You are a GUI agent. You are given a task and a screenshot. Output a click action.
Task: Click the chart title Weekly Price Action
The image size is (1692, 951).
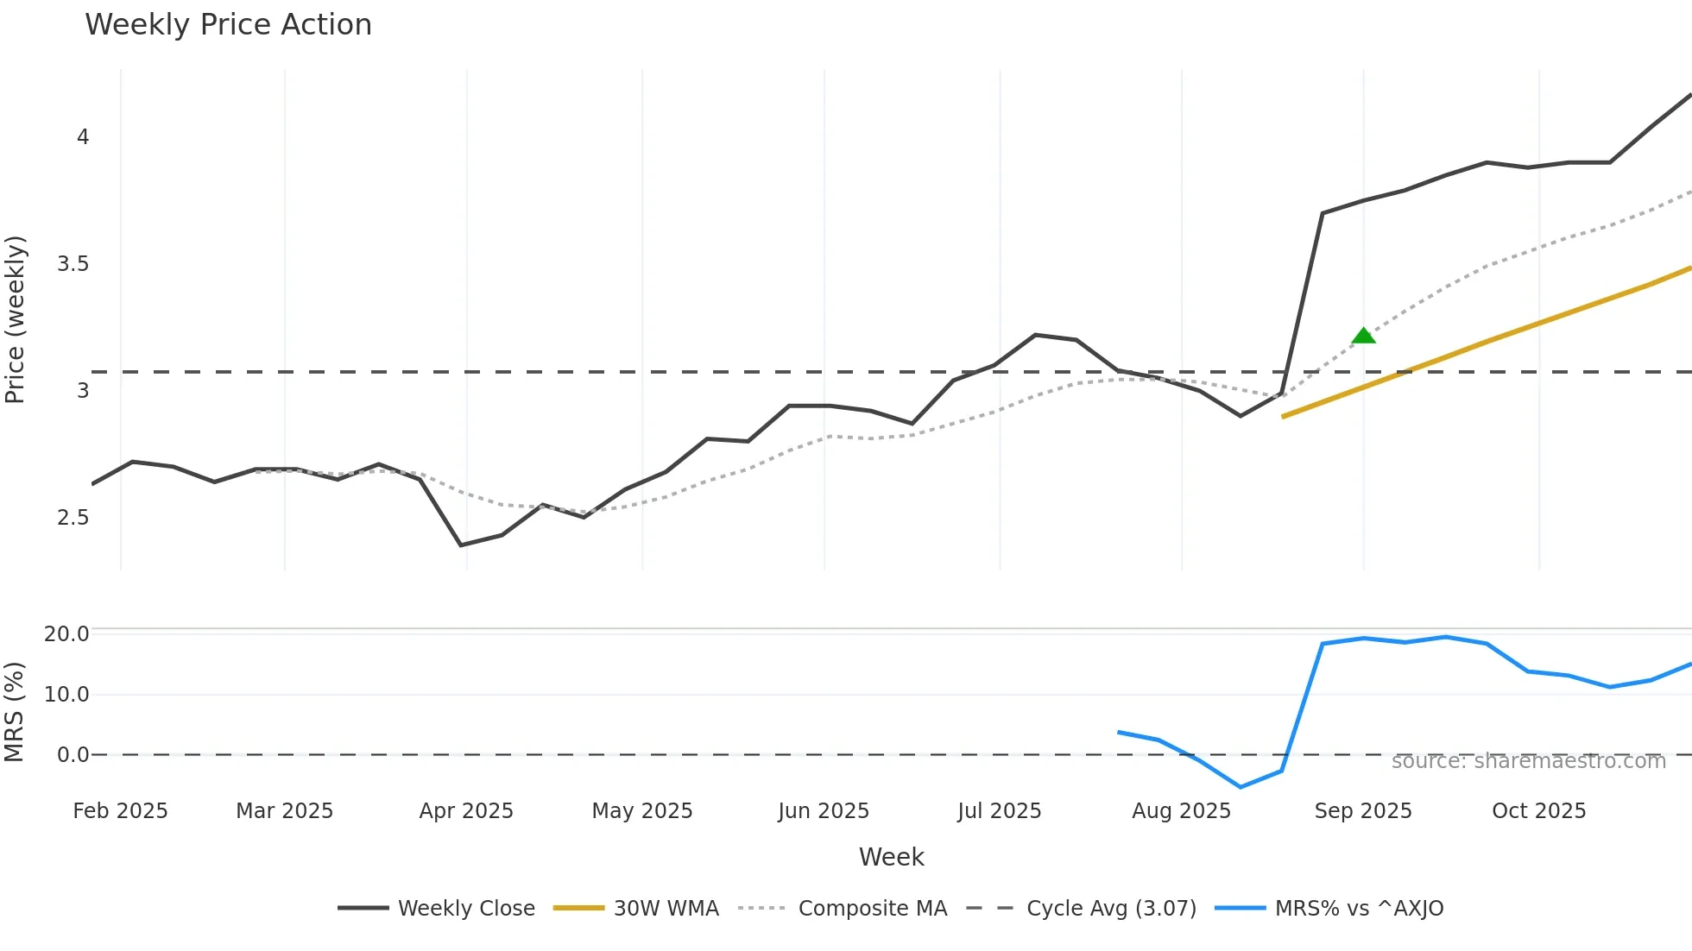pyautogui.click(x=228, y=25)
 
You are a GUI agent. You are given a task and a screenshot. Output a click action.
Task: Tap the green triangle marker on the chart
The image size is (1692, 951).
pyautogui.click(x=1363, y=336)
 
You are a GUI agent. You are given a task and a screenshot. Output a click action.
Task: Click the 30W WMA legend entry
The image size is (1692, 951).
pyautogui.click(x=636, y=908)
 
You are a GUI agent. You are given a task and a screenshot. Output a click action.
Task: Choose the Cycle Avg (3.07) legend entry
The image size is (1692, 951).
pyautogui.click(x=1081, y=908)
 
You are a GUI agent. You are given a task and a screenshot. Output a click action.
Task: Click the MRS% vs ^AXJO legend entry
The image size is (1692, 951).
pyautogui.click(x=1329, y=908)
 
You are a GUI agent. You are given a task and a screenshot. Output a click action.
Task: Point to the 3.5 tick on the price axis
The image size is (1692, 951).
pyautogui.click(x=73, y=264)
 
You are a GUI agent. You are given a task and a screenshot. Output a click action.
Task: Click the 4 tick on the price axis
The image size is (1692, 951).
pyautogui.click(x=83, y=137)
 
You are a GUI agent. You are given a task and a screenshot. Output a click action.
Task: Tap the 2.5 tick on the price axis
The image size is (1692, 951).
pyautogui.click(x=73, y=518)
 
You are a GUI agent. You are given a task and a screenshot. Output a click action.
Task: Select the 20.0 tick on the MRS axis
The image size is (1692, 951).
pyautogui.click(x=66, y=634)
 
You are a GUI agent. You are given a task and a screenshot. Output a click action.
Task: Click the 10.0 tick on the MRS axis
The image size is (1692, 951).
pyautogui.click(x=66, y=695)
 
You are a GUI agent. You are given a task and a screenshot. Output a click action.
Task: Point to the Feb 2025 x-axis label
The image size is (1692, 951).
pyautogui.click(x=120, y=811)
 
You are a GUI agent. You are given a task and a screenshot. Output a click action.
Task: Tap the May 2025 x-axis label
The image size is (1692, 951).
pyautogui.click(x=642, y=811)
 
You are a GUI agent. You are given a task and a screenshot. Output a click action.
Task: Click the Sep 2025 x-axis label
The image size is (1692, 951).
pyautogui.click(x=1363, y=811)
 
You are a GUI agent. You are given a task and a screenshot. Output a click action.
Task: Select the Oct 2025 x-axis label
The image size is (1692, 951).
pyautogui.click(x=1539, y=811)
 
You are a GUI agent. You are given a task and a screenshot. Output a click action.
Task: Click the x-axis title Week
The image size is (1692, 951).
pyautogui.click(x=891, y=857)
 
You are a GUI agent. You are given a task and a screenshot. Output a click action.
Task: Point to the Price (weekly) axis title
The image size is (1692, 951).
pyautogui.click(x=15, y=319)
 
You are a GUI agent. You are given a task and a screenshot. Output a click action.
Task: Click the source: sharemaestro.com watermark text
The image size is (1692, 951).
pyautogui.click(x=1528, y=761)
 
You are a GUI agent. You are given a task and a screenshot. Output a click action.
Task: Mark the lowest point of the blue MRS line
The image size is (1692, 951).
pyautogui.click(x=1241, y=787)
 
